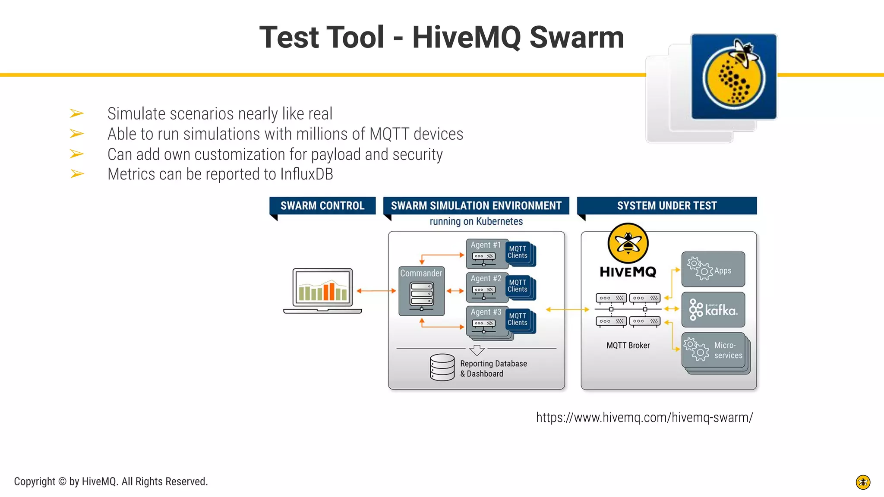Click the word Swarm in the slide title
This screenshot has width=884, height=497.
coord(576,37)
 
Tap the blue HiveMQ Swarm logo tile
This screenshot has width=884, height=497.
coord(733,76)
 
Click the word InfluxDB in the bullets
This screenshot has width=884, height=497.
coord(306,174)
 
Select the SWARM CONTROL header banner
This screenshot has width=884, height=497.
coord(322,206)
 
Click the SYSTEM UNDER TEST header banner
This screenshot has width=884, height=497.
coord(666,206)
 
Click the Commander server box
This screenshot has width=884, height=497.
coord(421,291)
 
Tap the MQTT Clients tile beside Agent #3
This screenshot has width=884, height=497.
coord(518,320)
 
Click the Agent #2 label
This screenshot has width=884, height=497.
coord(486,279)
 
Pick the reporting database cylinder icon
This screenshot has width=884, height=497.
coord(442,367)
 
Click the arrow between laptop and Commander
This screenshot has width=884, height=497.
coord(376,291)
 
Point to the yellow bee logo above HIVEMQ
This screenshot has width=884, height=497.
coord(628,243)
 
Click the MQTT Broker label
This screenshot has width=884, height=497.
coord(628,346)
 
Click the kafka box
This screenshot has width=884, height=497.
coord(713,310)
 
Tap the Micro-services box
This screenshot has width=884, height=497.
coord(714,350)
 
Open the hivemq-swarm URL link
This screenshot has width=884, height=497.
coord(644,418)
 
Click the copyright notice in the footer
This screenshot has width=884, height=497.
coord(111,481)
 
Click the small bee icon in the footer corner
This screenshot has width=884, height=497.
coord(863,482)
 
